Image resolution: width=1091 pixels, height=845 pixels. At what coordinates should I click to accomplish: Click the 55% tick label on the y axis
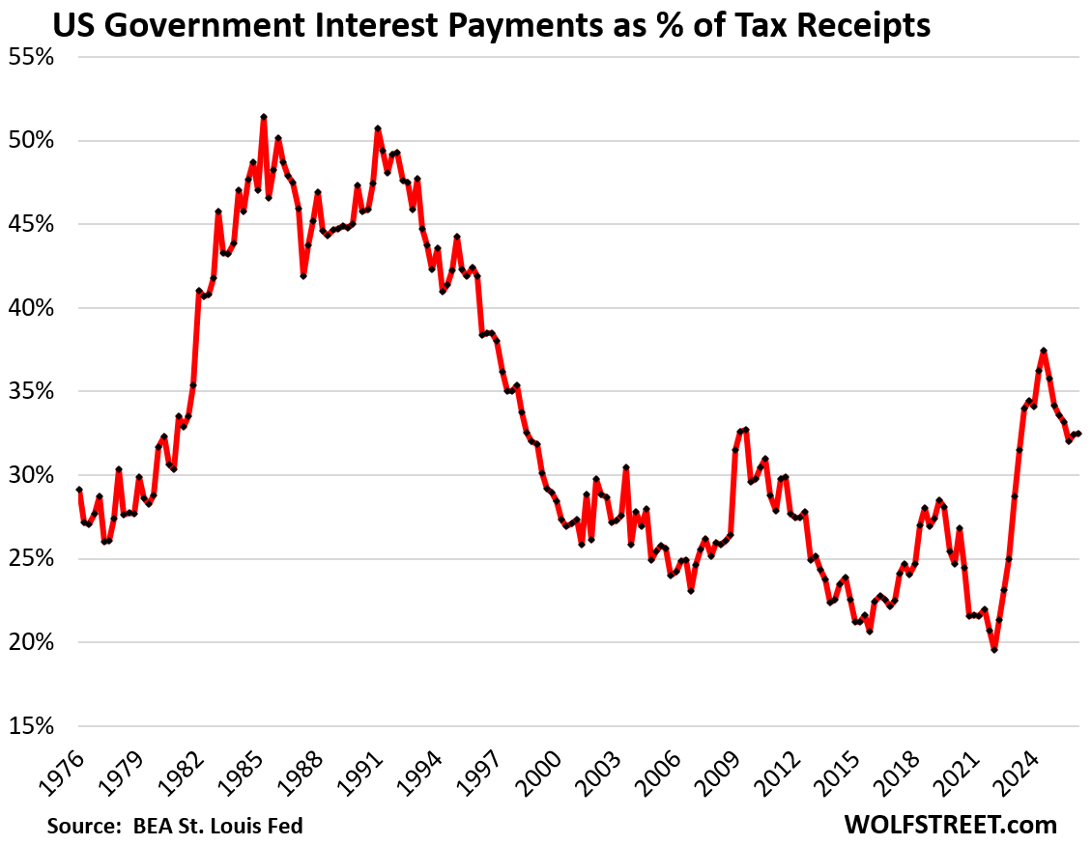(x=31, y=57)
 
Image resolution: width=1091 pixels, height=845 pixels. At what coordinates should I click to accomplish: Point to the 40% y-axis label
(x=31, y=308)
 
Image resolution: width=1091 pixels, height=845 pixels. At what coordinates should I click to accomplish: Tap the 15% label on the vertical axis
(x=31, y=726)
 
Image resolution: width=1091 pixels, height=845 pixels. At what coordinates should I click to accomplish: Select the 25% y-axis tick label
(x=31, y=558)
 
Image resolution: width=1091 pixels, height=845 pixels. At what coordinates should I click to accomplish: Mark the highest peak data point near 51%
(x=264, y=117)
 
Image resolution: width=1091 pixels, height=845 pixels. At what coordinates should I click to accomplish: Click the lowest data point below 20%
(x=994, y=650)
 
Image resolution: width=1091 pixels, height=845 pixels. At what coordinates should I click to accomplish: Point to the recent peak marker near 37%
(x=1043, y=351)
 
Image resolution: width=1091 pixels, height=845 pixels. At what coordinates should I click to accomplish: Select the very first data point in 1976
(x=78, y=490)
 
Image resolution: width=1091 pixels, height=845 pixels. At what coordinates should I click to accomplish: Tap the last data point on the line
(x=1078, y=434)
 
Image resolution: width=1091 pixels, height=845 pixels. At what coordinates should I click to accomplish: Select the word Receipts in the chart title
(x=863, y=27)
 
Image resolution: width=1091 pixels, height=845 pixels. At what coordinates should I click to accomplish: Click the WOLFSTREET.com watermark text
(x=951, y=825)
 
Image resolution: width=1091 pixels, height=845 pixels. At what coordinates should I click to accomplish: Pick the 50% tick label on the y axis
(x=31, y=140)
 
